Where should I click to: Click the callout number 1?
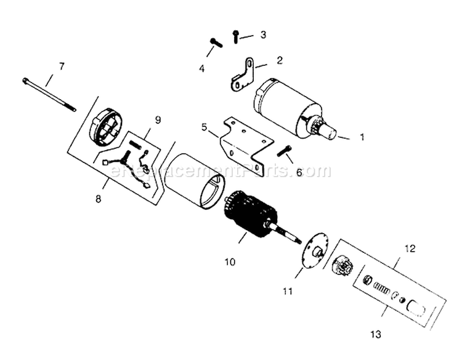pos(362,137)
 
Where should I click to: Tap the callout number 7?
pos(61,66)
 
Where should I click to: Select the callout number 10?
pos(230,262)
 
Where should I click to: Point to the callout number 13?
pos(376,334)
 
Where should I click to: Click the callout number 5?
pos(205,127)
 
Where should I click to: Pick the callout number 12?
pos(410,249)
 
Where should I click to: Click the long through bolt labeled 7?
pos(49,94)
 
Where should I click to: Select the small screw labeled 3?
pos(235,36)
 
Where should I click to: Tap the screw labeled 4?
pos(216,42)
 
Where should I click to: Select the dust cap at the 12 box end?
pos(416,308)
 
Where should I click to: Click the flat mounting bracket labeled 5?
pos(246,143)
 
